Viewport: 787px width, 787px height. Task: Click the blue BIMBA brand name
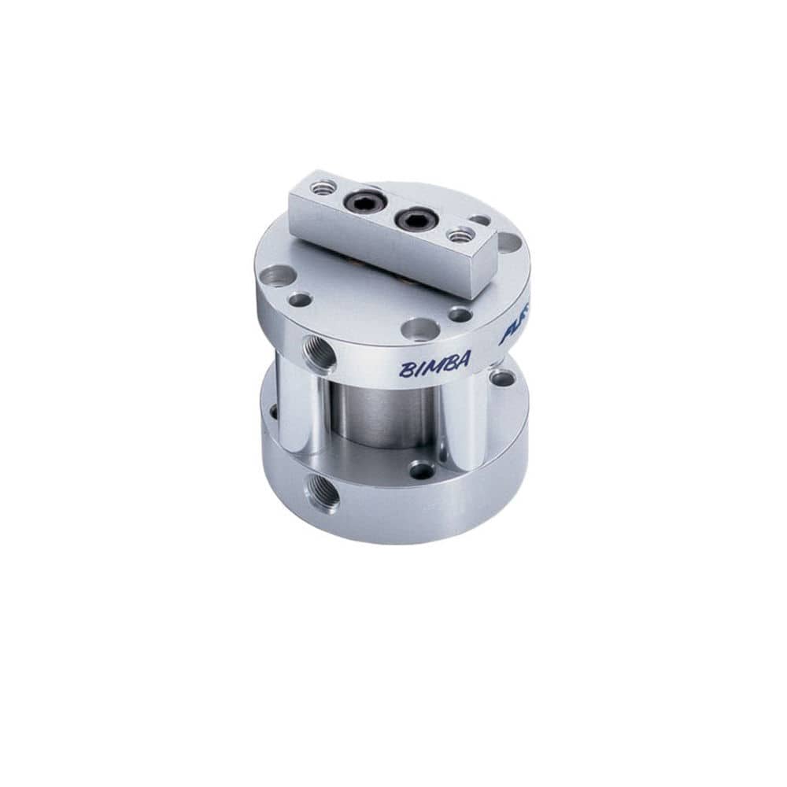pos(434,364)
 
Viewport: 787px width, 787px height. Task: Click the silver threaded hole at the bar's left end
pos(323,187)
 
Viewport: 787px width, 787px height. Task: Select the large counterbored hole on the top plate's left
pos(277,275)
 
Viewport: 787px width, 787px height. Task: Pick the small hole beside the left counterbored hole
pos(300,299)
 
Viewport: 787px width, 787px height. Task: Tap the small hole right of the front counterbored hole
pos(460,314)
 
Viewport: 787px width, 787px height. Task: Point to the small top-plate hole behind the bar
pos(479,220)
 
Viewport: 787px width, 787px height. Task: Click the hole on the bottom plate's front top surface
pos(422,470)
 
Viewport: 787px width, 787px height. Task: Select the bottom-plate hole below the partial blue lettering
pos(502,378)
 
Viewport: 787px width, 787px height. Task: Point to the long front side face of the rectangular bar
pos(386,244)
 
